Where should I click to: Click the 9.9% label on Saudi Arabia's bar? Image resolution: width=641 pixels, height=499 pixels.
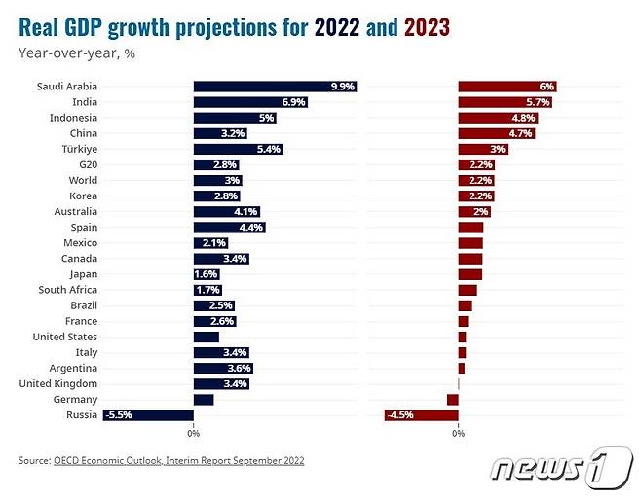(x=343, y=87)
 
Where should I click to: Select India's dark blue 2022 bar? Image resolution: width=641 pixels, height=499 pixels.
(x=250, y=102)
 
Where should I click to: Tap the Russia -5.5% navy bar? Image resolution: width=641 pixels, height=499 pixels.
(x=148, y=415)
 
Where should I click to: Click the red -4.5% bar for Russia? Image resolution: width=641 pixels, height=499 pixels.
(x=422, y=415)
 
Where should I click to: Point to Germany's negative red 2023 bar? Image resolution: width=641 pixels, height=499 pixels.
(x=453, y=400)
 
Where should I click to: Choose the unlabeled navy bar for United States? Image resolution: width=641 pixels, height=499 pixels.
(x=207, y=337)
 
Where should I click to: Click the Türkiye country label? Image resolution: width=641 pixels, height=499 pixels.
(x=80, y=149)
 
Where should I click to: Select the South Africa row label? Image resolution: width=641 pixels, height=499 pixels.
(x=68, y=290)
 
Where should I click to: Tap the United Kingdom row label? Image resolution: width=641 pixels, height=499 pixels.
(x=58, y=384)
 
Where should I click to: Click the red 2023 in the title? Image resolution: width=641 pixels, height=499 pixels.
(x=427, y=28)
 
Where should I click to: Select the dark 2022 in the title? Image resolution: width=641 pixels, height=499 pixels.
(x=337, y=28)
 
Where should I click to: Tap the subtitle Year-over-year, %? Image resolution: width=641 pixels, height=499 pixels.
(x=76, y=53)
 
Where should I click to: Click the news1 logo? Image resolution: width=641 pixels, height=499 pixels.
(x=561, y=468)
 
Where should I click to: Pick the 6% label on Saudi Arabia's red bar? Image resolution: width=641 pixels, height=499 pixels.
(x=547, y=87)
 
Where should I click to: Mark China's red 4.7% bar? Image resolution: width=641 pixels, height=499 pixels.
(x=497, y=133)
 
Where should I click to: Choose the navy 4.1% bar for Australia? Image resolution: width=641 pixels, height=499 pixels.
(x=227, y=211)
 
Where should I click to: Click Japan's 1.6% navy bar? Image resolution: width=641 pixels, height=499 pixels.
(x=207, y=274)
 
